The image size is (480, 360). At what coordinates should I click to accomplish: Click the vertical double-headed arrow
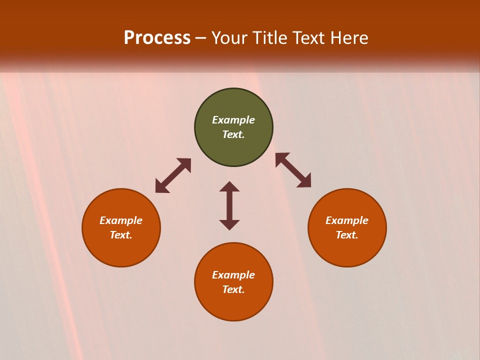point(229,205)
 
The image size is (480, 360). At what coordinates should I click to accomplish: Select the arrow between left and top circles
point(173,175)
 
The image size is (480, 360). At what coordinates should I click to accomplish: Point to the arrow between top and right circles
point(293,170)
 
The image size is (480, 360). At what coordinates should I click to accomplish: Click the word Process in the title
point(157,37)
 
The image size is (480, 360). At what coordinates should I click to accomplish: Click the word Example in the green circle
point(233,120)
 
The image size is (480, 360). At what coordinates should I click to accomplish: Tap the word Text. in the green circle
point(233,134)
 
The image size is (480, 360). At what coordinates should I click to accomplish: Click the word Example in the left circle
point(121,220)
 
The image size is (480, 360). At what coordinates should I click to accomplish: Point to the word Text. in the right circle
point(347,235)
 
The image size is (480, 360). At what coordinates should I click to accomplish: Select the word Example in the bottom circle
point(233,275)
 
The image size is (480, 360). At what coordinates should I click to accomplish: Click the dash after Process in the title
point(201,38)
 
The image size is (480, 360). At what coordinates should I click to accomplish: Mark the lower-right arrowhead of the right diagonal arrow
point(304,181)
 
